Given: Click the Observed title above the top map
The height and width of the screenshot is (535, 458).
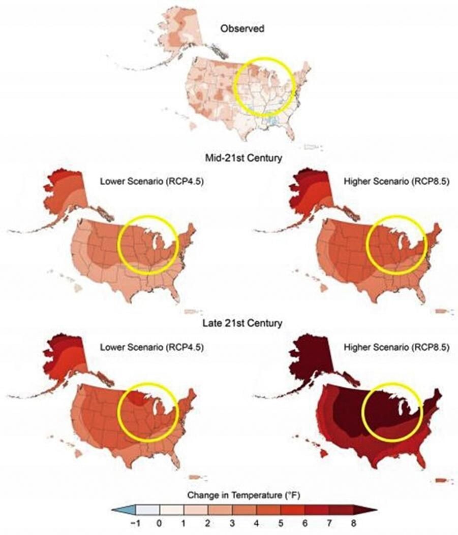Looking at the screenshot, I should [242, 29].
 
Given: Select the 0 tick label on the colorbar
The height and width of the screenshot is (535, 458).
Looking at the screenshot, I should [161, 523].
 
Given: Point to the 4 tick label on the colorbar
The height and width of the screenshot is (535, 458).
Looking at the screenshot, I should [257, 523].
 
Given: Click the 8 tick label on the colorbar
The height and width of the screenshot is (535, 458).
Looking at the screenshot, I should [353, 523].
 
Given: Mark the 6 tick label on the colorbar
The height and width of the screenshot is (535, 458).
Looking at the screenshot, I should [305, 523].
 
